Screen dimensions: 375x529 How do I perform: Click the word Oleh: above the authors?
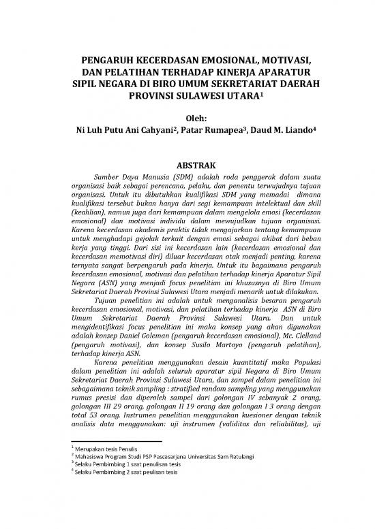point(187,121)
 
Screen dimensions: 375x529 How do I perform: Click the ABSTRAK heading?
point(187,165)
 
